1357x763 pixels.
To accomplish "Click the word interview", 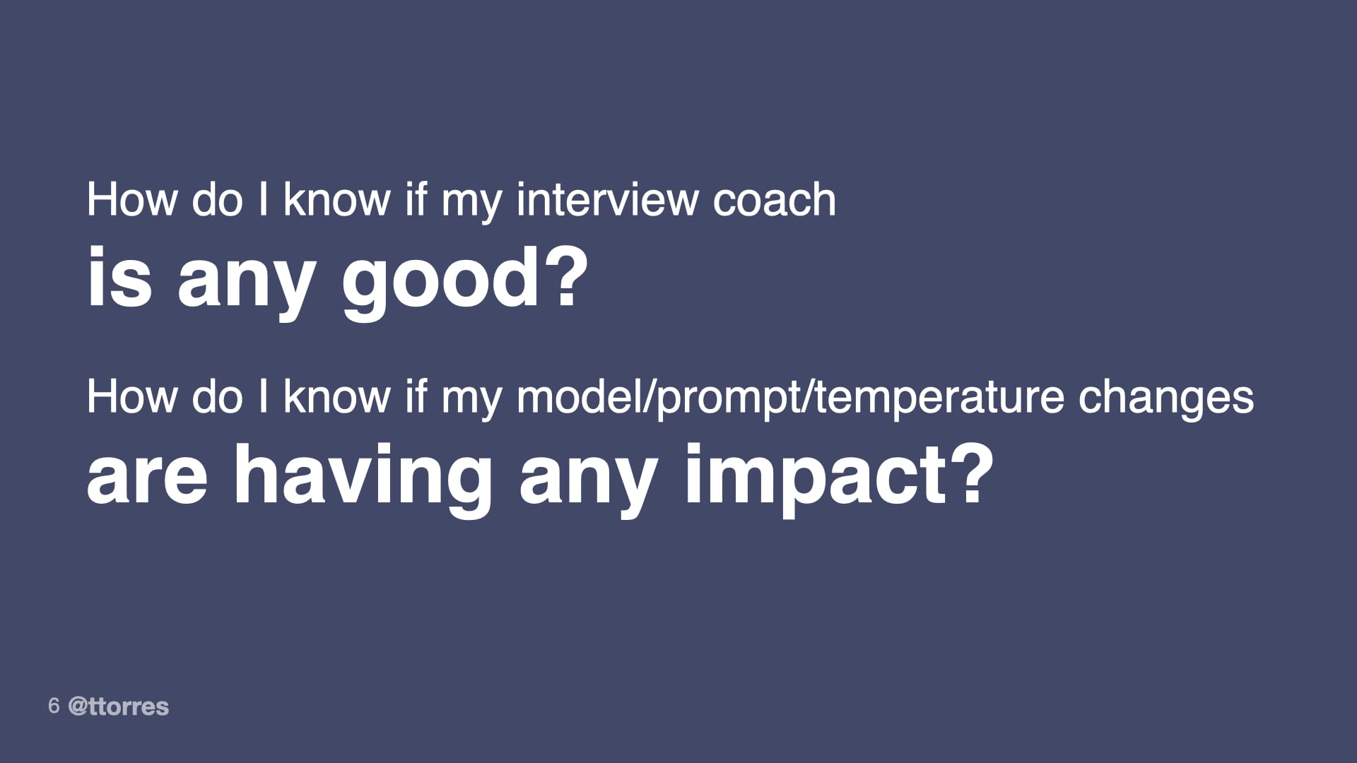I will tap(607, 200).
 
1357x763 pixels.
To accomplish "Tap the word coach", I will tap(774, 200).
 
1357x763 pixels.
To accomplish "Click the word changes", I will tap(1165, 398).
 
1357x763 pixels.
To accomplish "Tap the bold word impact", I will tap(811, 475).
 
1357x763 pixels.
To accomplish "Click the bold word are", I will tap(147, 475).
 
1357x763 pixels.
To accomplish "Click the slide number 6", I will tap(54, 705).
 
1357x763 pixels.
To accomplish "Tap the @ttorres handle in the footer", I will tap(119, 706).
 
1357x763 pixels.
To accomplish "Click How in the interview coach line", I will tap(131, 200).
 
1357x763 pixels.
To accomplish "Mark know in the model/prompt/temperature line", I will tap(336, 396).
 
